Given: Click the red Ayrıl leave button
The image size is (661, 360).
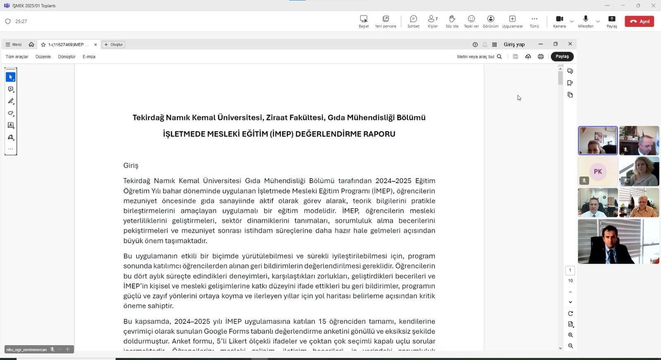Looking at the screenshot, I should click(x=639, y=21).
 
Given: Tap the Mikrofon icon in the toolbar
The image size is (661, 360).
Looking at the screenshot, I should click(x=585, y=19).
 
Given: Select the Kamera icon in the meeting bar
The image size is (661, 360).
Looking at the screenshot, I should click(x=559, y=19).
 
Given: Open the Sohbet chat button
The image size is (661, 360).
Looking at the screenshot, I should click(x=413, y=19).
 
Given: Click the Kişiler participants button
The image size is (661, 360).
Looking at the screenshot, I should click(x=433, y=19).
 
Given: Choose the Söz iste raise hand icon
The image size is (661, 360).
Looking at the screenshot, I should click(x=452, y=19).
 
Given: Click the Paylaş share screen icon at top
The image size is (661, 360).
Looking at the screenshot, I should click(x=612, y=19).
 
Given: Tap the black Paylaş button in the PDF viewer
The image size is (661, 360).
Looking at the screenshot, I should click(x=562, y=57).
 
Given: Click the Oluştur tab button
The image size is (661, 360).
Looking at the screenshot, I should click(x=114, y=45).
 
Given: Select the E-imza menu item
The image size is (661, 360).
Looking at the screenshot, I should click(x=89, y=57).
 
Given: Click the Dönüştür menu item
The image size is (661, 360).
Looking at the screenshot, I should click(x=67, y=57).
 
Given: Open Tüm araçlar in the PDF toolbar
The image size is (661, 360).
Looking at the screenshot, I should click(x=17, y=57).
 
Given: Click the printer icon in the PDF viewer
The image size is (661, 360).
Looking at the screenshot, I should click(x=540, y=57).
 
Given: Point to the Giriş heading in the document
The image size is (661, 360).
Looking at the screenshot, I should click(x=131, y=165).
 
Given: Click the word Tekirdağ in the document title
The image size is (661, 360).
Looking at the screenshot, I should click(x=148, y=118).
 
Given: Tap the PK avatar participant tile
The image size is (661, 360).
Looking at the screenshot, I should click(x=598, y=172).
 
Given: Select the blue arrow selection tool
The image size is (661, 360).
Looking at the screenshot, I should click(x=11, y=77).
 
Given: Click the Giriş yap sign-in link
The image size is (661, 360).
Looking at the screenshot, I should click(x=514, y=45).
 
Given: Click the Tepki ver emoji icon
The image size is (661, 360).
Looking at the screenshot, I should click(x=471, y=19).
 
